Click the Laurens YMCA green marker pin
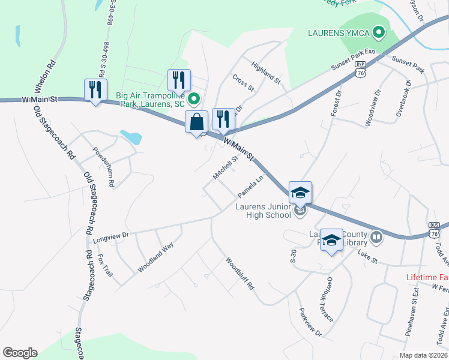[x=379, y=32]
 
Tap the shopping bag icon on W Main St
[x=196, y=122]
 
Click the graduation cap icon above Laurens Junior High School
[x=300, y=193]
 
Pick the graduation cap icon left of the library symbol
[x=331, y=240]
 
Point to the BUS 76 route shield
[x=436, y=229]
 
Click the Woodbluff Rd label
[x=240, y=274]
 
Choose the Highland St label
[x=266, y=72]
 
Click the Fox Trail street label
[x=104, y=269]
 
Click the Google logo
[x=20, y=353]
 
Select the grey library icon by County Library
[x=376, y=238]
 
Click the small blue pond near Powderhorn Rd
[x=131, y=136]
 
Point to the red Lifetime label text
[x=427, y=277]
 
